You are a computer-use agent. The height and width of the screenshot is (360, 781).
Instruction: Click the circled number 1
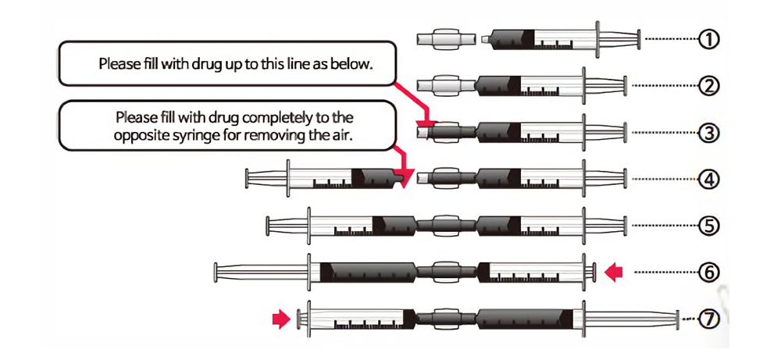pyautogui.click(x=708, y=38)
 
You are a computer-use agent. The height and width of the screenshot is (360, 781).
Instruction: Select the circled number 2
pyautogui.click(x=708, y=85)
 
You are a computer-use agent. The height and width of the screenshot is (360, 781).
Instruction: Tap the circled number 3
pyautogui.click(x=708, y=133)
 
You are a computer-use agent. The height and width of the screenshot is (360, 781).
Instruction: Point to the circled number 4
pyautogui.click(x=708, y=180)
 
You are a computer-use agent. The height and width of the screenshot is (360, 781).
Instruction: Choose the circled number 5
pyautogui.click(x=708, y=226)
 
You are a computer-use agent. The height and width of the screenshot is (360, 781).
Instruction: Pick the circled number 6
pyautogui.click(x=708, y=272)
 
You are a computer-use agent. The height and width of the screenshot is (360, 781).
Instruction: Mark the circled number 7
pyautogui.click(x=708, y=319)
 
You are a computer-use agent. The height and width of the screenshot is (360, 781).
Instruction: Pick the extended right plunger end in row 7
pyautogui.click(x=677, y=319)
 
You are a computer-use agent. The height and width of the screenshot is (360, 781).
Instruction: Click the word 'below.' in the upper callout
pyautogui.click(x=355, y=63)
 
